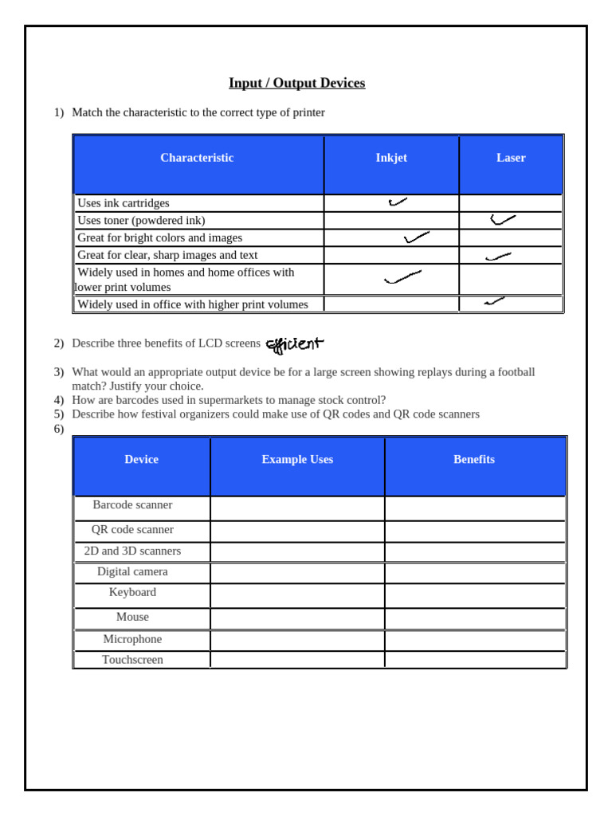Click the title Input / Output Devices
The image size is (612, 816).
coord(296,83)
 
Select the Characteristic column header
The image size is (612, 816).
coord(197,158)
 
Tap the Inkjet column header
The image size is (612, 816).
coord(391,158)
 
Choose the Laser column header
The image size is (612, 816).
coord(511,158)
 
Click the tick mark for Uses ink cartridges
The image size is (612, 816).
coord(398,202)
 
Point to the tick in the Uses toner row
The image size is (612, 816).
coord(502,219)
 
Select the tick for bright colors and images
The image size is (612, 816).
coord(416,237)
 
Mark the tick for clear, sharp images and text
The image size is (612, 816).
coord(498,257)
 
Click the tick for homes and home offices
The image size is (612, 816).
coord(402,277)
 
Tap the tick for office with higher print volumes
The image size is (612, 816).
coord(494,301)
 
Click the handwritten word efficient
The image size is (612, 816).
coord(295,344)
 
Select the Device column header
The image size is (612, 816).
coord(141,460)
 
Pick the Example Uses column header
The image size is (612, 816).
coord(297,460)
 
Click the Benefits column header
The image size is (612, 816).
coord(474,460)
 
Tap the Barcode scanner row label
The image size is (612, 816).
coord(132,505)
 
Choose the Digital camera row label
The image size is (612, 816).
coord(132,572)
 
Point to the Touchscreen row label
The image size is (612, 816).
coord(132,660)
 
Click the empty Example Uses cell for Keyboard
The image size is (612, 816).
coord(297,595)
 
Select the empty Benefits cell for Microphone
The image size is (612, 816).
coord(475,640)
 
